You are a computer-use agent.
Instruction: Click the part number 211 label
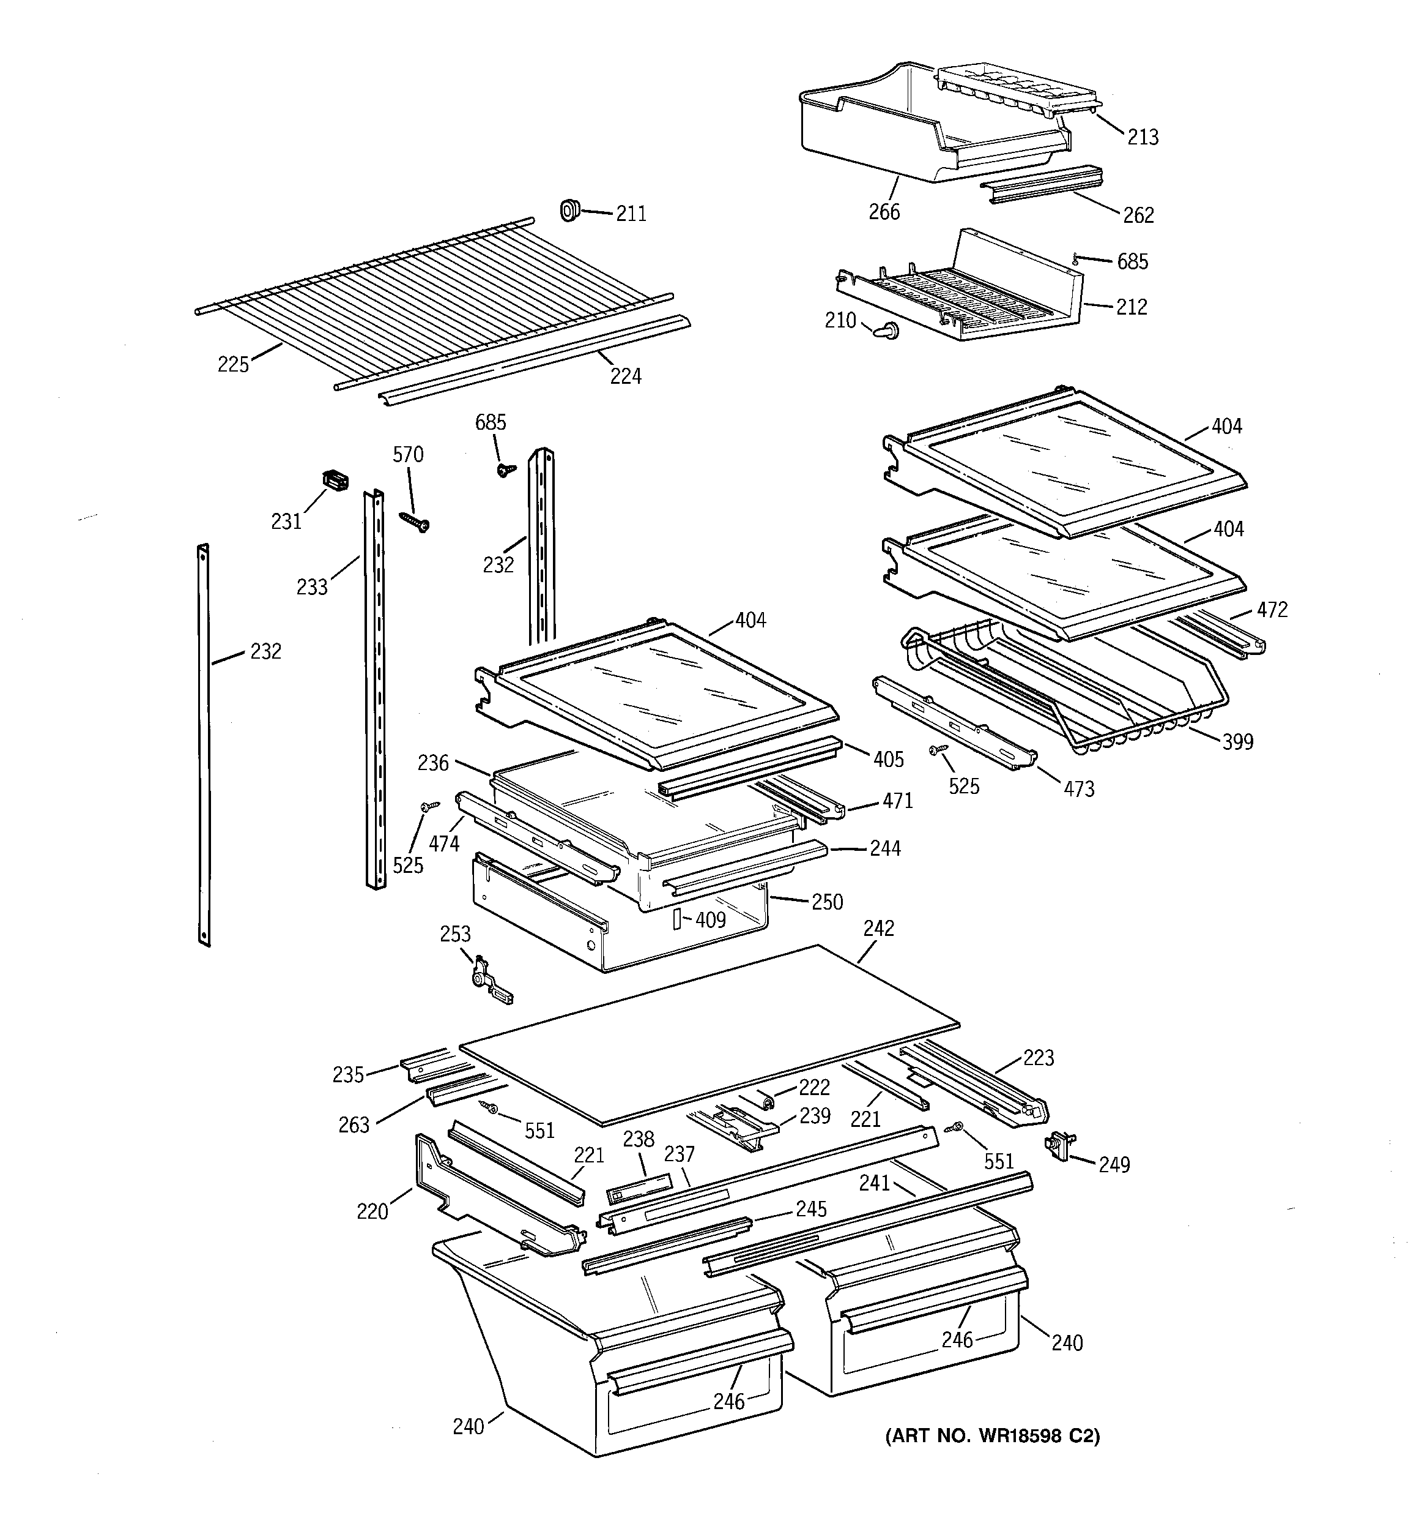(631, 214)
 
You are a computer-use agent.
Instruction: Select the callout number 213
(1143, 137)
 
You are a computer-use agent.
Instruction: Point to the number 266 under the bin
(884, 212)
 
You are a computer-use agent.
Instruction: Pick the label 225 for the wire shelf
(233, 365)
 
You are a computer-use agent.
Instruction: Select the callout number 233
(311, 587)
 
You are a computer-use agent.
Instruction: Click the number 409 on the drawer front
(710, 921)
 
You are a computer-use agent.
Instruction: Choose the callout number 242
(878, 928)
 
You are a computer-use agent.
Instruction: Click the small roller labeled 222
(768, 1101)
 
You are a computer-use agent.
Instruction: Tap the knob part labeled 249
(1059, 1145)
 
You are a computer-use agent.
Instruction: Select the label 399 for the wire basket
(1237, 741)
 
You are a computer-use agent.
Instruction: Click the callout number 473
(1078, 789)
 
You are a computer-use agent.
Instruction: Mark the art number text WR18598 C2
(993, 1437)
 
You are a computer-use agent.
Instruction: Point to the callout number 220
(372, 1211)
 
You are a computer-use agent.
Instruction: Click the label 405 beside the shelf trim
(888, 760)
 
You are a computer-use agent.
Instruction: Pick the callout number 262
(1138, 215)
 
